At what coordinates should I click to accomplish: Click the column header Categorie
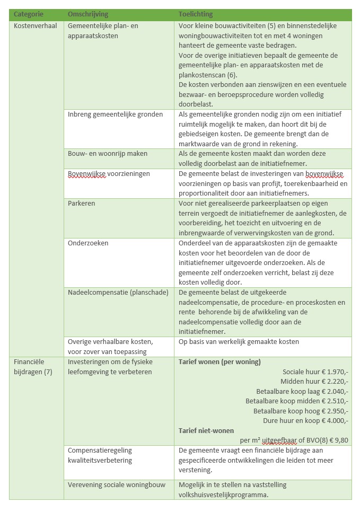(29, 14)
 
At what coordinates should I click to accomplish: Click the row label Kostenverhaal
(35, 26)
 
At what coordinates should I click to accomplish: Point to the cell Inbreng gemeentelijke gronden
(116, 114)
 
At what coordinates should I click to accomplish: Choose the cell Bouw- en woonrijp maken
(108, 153)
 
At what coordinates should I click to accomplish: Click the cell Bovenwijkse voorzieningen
(109, 173)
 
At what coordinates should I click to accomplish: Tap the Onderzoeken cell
(88, 243)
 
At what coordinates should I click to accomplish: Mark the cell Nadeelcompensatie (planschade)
(118, 292)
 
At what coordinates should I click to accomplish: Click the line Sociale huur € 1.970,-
(315, 372)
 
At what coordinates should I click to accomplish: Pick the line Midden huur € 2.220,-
(314, 381)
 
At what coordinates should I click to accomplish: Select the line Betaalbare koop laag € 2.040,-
(302, 391)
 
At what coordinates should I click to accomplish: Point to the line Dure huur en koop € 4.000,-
(305, 420)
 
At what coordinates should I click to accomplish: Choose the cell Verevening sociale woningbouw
(117, 484)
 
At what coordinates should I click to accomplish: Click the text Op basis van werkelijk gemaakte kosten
(239, 342)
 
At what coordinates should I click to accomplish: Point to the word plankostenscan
(201, 75)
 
